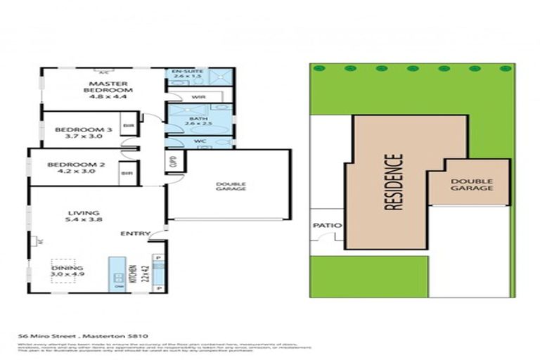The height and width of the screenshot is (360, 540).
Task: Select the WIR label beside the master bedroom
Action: (198, 96)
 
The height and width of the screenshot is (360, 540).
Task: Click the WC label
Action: (199, 141)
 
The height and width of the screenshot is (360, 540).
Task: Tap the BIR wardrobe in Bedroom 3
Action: (129, 127)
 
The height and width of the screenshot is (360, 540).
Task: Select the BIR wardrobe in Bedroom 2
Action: (127, 173)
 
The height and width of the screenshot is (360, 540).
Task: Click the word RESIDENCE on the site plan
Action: (395, 183)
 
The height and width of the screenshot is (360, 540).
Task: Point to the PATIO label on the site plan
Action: (327, 226)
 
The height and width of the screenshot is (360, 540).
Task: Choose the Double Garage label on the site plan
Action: (471, 184)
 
